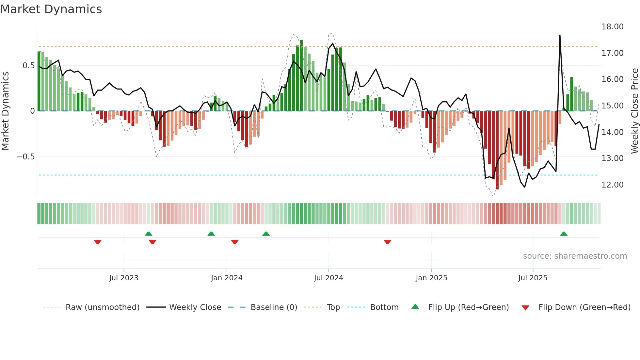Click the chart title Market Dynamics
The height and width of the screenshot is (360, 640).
coord(51,9)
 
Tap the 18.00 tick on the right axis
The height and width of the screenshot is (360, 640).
coord(612,27)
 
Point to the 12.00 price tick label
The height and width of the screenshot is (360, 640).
coord(612,185)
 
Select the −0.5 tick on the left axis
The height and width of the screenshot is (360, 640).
coord(25,157)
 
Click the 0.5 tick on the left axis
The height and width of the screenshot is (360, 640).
coord(28,66)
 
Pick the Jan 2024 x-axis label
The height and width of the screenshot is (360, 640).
coord(227,278)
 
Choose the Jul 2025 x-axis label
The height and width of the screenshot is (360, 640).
coord(533,278)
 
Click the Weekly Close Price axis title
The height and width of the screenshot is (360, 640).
coord(634,111)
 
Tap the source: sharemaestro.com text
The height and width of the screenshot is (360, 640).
coord(575,256)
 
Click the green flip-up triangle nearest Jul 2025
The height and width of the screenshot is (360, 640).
coord(564,234)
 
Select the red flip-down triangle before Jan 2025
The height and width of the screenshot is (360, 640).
coord(388,242)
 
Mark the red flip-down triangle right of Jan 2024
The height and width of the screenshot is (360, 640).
coord(235,242)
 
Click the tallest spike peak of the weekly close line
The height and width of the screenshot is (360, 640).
coord(560,35)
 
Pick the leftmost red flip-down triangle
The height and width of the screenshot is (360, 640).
coord(98,242)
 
